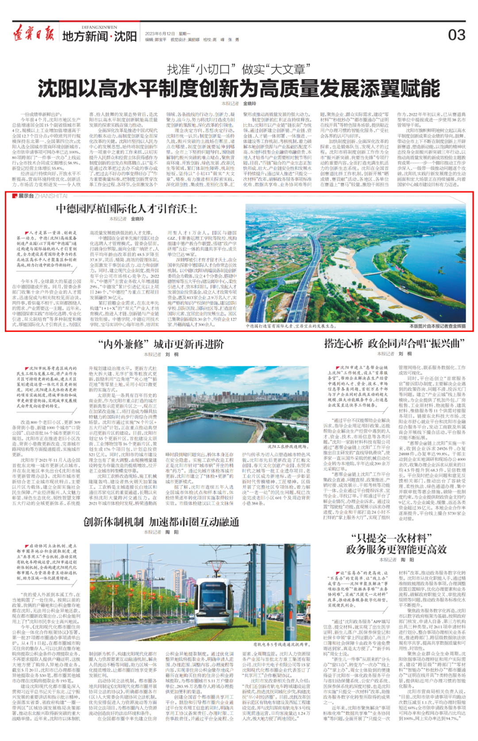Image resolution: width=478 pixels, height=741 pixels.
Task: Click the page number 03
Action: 457,35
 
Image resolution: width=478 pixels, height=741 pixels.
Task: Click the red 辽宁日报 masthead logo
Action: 34,34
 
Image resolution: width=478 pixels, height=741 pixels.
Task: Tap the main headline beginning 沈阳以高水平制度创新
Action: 239,88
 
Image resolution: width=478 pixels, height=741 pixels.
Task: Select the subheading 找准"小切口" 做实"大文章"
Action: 239,69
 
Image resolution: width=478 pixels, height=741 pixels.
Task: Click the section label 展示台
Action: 26,196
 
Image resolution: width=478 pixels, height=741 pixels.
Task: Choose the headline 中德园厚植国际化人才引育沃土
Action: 126,209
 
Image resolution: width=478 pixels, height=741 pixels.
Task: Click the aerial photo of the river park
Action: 355,263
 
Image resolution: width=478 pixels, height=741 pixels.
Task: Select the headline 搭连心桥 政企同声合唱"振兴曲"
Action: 394,343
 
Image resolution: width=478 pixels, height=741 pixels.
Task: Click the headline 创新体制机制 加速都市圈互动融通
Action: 161,522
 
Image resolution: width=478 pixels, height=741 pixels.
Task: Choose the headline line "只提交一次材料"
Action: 391,538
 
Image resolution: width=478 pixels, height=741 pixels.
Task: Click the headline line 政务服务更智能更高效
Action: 396,550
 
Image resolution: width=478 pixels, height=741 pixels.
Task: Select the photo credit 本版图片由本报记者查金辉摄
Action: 437,326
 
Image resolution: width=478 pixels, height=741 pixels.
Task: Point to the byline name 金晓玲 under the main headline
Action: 250,104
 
